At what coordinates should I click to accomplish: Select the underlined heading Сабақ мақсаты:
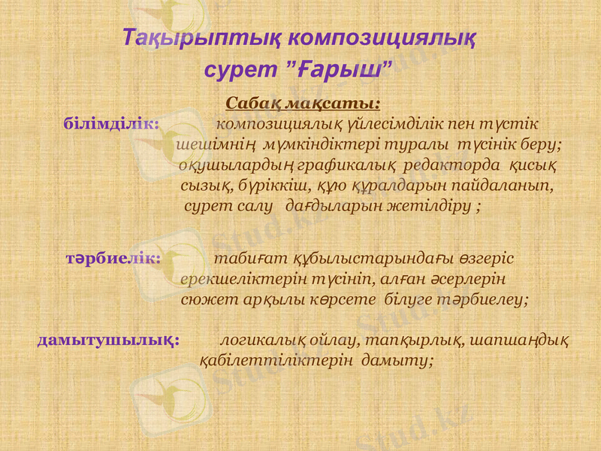303,101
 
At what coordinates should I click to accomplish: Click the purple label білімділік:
111,123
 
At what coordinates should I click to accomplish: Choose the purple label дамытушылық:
108,340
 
